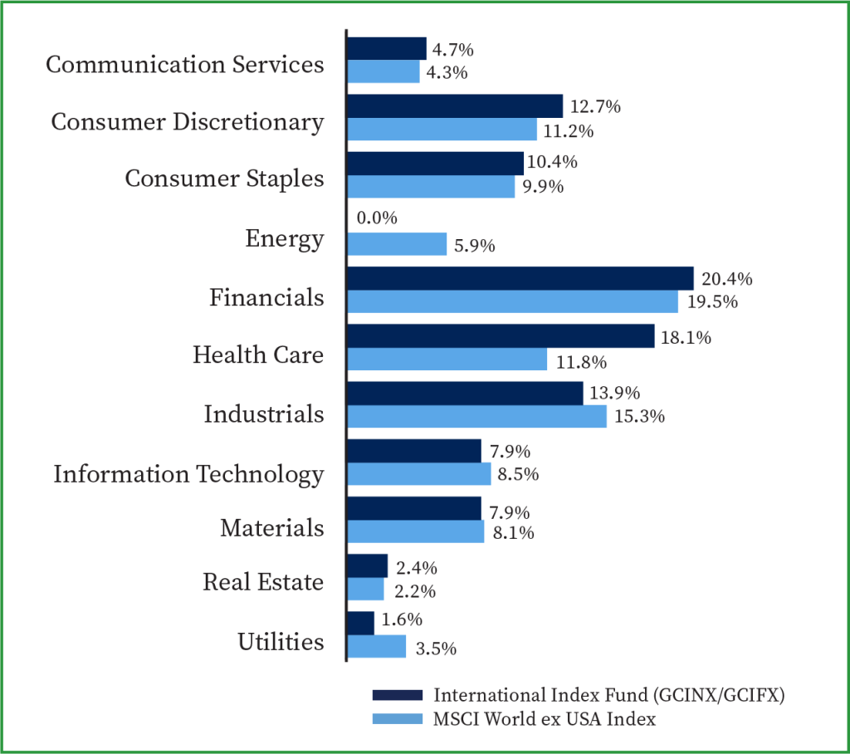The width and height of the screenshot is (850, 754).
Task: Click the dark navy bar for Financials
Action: [520, 278]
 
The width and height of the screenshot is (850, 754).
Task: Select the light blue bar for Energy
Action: [397, 244]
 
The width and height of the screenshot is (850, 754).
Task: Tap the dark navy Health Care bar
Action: [501, 336]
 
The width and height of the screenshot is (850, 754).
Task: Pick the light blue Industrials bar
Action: [476, 417]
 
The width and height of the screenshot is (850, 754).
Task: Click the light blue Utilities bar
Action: [376, 647]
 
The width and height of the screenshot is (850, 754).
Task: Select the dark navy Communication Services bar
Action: [386, 48]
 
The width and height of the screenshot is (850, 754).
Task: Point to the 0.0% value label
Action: [378, 218]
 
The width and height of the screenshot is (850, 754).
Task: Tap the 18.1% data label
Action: [682, 338]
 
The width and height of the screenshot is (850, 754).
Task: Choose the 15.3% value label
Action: [640, 417]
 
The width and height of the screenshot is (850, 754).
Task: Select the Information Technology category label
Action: [188, 474]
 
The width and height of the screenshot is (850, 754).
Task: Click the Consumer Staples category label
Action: [224, 179]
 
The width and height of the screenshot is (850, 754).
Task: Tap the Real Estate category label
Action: [263, 582]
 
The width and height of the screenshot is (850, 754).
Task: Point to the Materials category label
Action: [271, 528]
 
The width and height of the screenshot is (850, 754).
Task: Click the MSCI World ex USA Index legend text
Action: [545, 719]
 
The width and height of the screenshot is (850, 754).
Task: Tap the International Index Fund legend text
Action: [609, 695]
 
